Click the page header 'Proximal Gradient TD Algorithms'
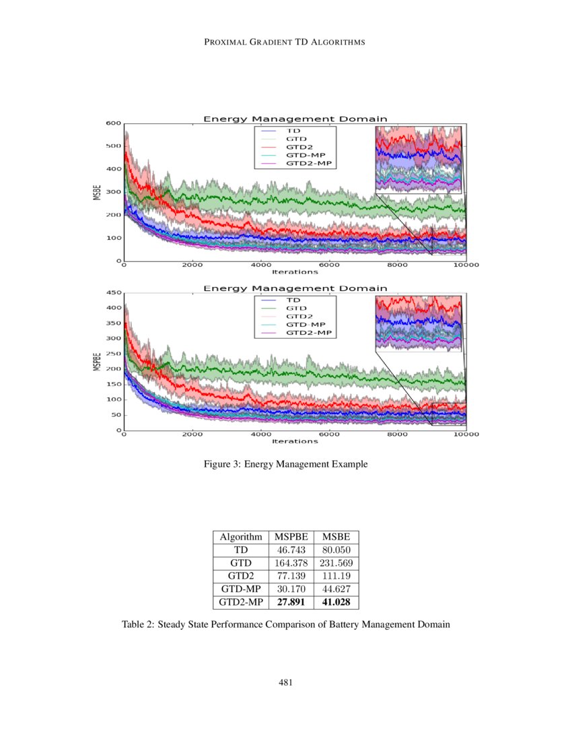[x=285, y=42]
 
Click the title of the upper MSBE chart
[x=295, y=119]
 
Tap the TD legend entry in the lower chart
[x=293, y=299]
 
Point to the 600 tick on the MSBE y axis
[x=113, y=123]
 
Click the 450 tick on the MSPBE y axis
[x=113, y=293]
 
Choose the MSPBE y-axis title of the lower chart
[x=96, y=362]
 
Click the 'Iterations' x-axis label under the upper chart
[x=295, y=272]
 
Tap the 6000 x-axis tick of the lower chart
[x=329, y=434]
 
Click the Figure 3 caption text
[x=285, y=464]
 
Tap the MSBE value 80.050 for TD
[x=336, y=550]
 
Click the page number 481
[x=285, y=683]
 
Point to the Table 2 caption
[x=285, y=624]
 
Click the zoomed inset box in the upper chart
[x=418, y=160]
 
